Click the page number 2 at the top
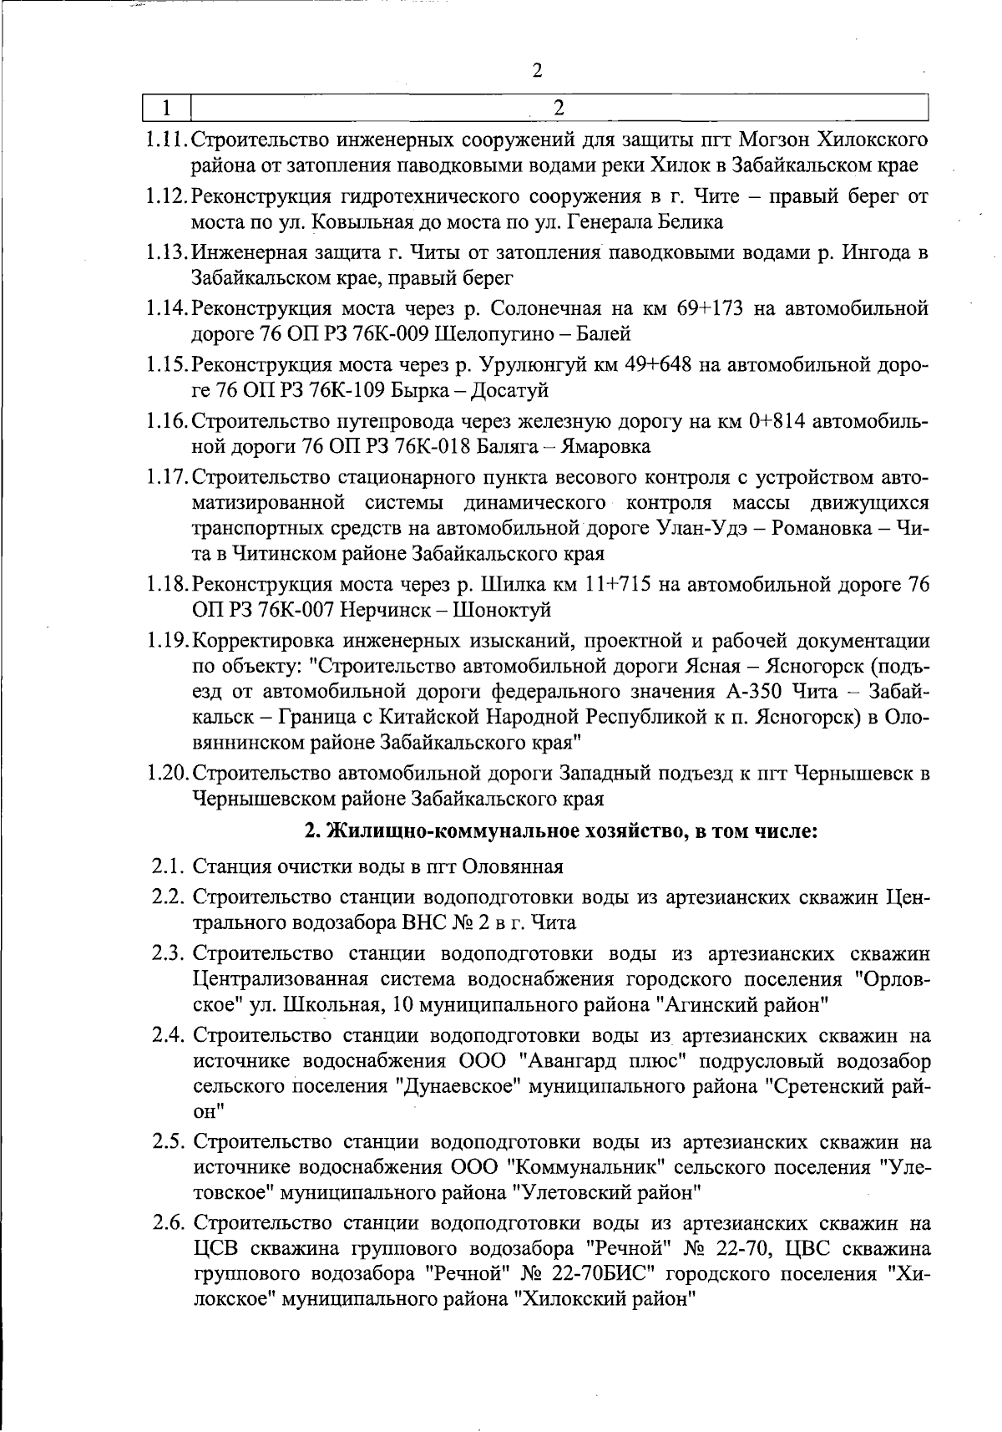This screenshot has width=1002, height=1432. (x=537, y=70)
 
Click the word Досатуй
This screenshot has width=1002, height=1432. (x=509, y=391)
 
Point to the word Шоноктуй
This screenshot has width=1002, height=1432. (x=502, y=610)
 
